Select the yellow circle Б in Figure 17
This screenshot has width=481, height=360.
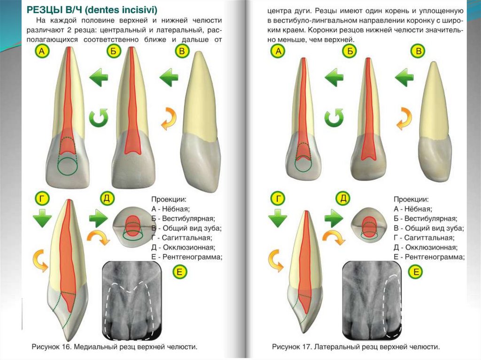349,51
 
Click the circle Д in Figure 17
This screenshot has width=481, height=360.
344,198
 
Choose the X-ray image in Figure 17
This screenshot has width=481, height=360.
372,300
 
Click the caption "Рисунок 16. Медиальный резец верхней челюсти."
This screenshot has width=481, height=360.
114,347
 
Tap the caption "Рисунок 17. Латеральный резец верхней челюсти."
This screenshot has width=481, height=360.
356,347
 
